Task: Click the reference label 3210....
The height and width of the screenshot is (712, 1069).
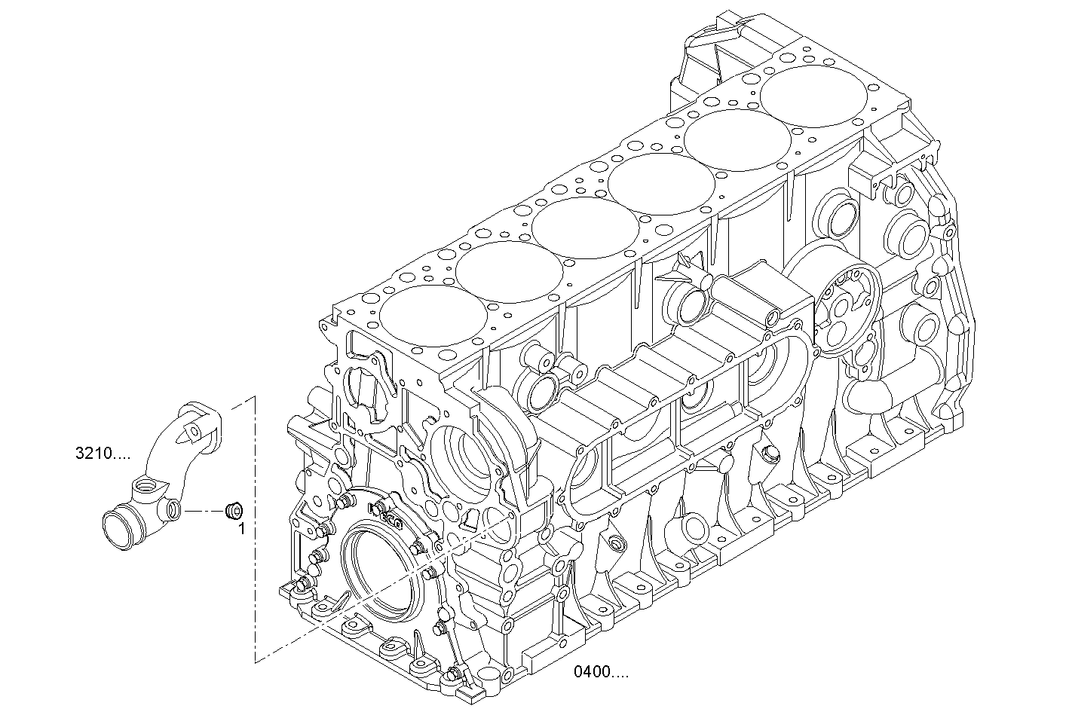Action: click(x=103, y=454)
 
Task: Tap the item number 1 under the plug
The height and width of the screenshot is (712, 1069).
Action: click(x=241, y=530)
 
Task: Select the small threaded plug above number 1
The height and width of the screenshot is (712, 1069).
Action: click(x=234, y=511)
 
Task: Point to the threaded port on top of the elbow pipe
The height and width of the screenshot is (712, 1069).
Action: click(x=147, y=490)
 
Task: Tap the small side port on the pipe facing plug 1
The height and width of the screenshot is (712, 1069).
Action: click(x=173, y=511)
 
